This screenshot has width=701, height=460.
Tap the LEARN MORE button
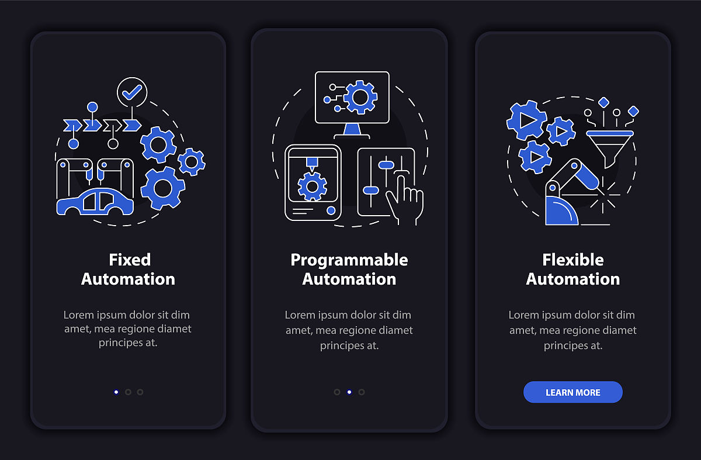[x=572, y=392]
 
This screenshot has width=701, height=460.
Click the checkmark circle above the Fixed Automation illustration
[x=132, y=92]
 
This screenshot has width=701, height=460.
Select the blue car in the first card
[x=95, y=202]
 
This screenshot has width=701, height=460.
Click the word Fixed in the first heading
[x=130, y=260]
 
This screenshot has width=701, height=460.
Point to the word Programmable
[x=349, y=261]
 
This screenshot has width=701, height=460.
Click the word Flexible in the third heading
[x=572, y=260]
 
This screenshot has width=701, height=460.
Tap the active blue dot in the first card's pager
[x=116, y=392]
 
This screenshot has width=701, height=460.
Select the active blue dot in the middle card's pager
[x=349, y=392]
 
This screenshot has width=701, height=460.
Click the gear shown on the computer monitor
[x=360, y=97]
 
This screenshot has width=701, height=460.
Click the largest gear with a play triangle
[x=527, y=120]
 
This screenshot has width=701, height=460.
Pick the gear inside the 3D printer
[x=312, y=186]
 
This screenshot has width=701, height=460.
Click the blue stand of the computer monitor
[x=352, y=129]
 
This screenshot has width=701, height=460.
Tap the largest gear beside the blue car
[x=163, y=188]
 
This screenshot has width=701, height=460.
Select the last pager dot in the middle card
[x=362, y=392]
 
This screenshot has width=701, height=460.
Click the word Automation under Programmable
[x=349, y=279]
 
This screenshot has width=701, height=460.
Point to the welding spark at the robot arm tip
[x=603, y=195]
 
